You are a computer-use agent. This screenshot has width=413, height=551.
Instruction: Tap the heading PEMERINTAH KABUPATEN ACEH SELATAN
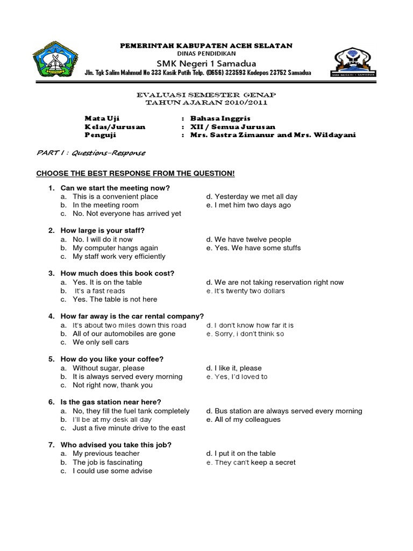206,46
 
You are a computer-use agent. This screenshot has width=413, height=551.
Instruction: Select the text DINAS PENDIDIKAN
206,54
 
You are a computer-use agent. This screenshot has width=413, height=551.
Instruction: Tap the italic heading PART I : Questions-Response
91,153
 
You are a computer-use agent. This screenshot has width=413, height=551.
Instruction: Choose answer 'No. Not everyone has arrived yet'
127,214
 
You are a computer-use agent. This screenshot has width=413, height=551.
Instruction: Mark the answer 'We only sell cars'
101,342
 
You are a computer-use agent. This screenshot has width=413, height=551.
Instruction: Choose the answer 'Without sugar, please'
109,368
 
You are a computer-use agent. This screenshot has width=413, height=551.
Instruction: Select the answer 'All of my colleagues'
247,420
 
